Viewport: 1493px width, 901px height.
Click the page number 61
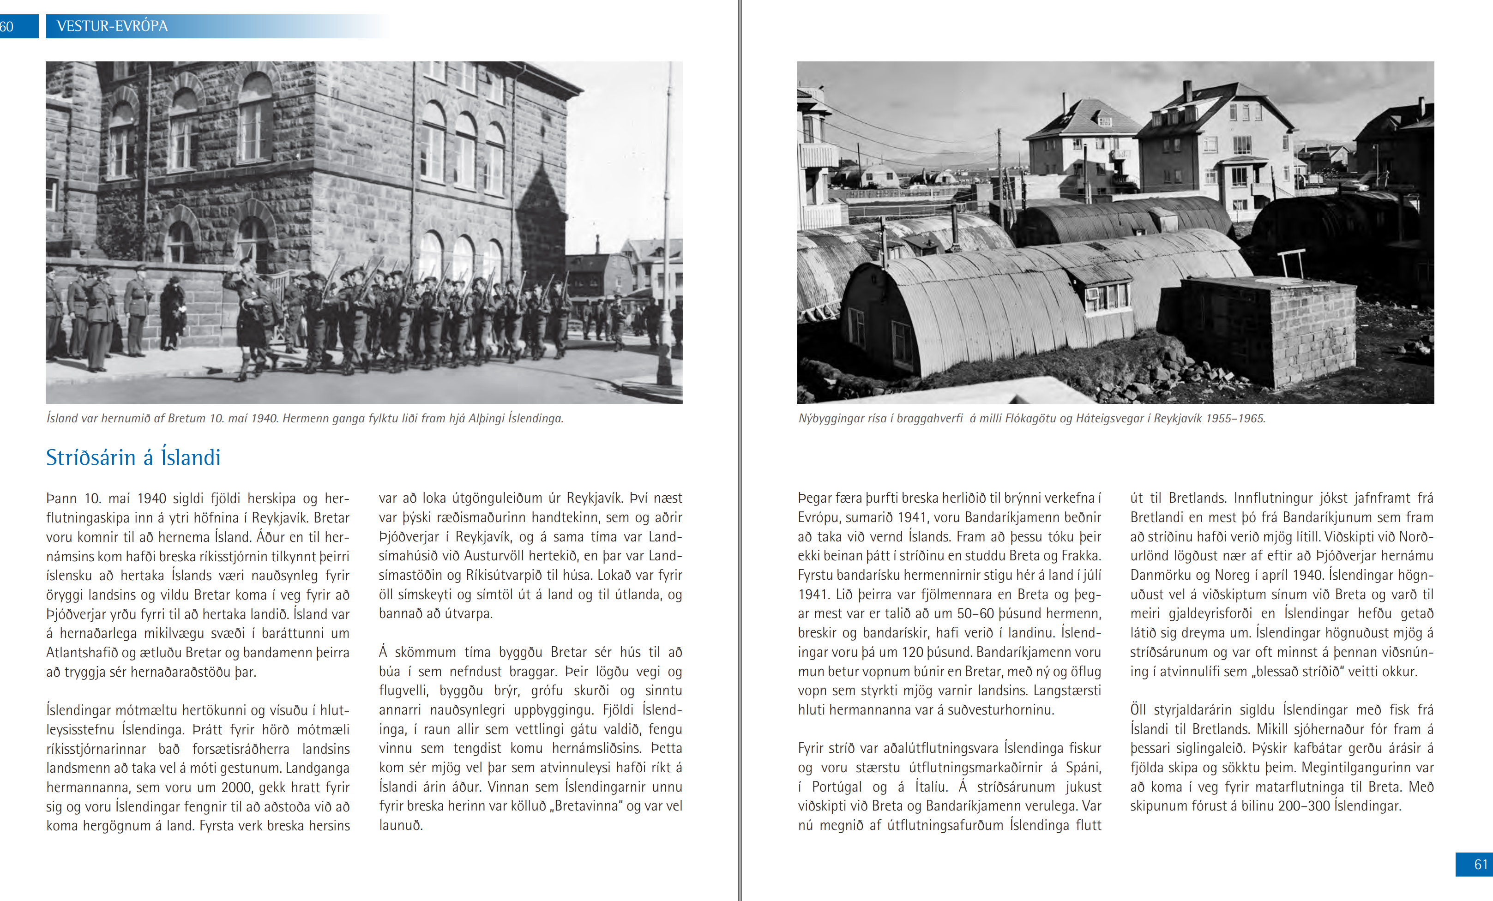[1480, 864]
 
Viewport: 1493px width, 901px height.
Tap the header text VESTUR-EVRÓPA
[112, 26]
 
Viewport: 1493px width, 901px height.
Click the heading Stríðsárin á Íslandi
[133, 457]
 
